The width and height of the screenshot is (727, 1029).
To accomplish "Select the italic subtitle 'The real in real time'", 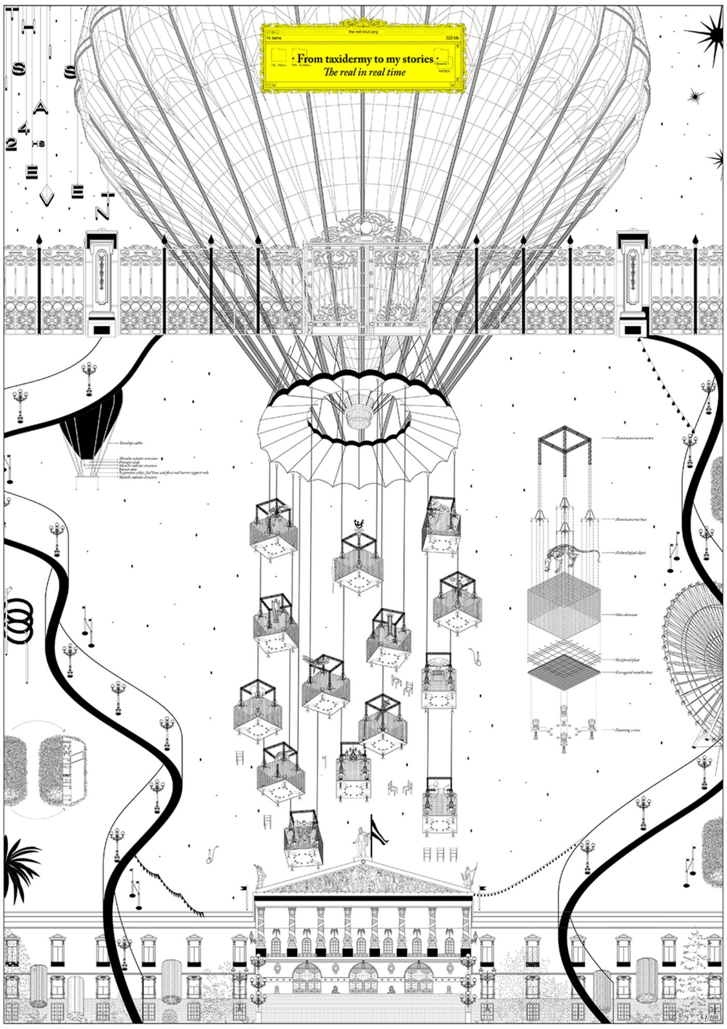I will click(364, 72).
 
